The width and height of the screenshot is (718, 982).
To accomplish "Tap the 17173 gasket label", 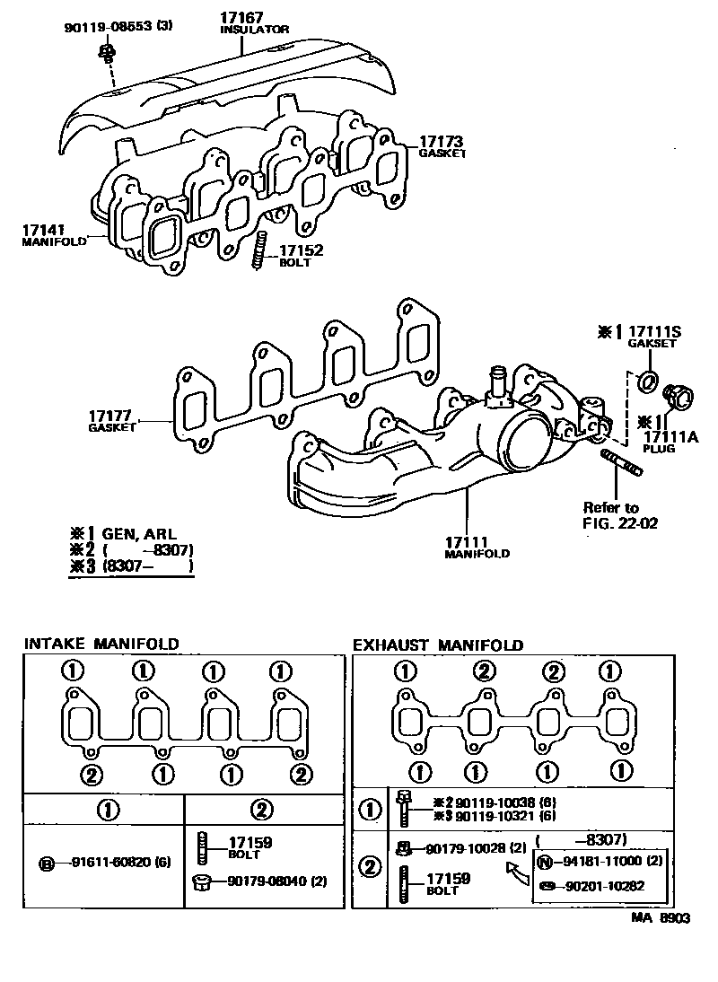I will pyautogui.click(x=440, y=142).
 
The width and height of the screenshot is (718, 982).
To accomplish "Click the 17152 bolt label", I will pyautogui.click(x=301, y=251).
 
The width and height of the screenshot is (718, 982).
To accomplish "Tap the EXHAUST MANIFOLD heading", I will pyautogui.click(x=437, y=644).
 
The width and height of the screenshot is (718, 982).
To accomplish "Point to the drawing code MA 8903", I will pyautogui.click(x=660, y=918).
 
